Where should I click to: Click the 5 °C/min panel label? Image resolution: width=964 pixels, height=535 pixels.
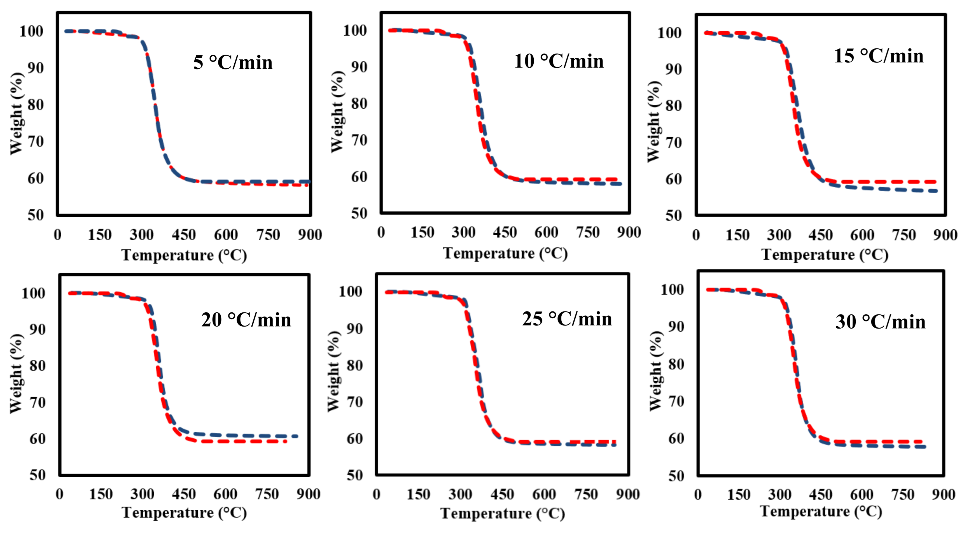233,62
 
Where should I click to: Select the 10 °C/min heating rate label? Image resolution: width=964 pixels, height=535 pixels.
559,61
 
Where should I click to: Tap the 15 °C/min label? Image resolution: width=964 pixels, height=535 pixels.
879,56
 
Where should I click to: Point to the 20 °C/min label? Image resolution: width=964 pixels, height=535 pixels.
246,320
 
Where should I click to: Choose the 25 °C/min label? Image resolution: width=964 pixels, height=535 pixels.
567,319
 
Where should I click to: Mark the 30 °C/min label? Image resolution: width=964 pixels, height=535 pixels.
880,322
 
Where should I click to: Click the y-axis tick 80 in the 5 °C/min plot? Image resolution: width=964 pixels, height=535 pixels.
36,105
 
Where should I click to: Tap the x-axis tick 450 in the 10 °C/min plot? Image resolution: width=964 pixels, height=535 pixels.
505,232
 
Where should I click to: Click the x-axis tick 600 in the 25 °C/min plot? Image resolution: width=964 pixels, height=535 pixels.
544,495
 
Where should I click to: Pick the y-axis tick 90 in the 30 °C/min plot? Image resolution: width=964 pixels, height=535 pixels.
676,327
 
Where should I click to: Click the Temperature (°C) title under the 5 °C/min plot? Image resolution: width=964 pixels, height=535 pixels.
184,255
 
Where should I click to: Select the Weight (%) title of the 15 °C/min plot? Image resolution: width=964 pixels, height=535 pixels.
654,122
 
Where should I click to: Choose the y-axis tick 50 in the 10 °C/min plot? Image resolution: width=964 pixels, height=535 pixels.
359,213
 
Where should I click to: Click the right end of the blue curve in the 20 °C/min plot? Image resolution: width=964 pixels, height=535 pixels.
297,436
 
